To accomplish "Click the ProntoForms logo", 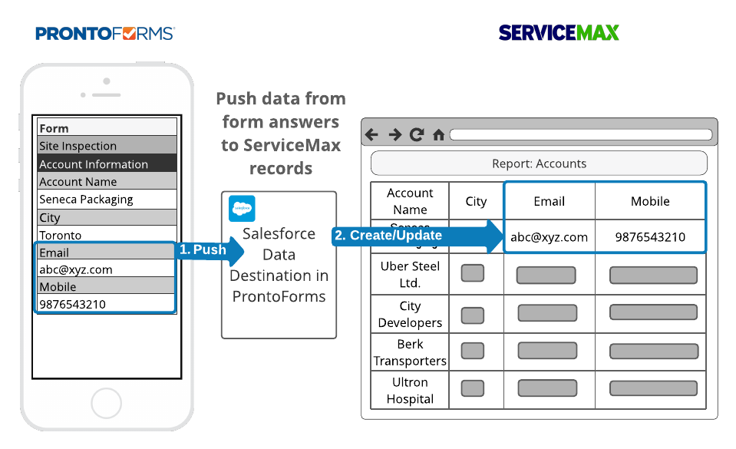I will coord(105,33).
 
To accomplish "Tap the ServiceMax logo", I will coord(559,32).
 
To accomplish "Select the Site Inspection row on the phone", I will coord(107,146).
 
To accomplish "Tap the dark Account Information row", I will coord(107,163).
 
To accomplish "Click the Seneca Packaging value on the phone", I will coord(107,200).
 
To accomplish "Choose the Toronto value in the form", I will coord(107,235).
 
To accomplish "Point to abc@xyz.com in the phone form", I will coord(107,269).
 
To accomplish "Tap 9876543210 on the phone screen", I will coord(107,304).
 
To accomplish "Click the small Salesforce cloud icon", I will coord(242,208).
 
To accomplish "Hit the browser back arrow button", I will coord(372,135).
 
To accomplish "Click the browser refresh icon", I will coord(417,135).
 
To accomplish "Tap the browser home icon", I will coord(438,135).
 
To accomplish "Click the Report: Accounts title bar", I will coord(539,163).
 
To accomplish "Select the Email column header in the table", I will coord(549,201).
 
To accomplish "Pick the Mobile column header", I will coord(650,201).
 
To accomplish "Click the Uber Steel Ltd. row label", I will coord(410,274).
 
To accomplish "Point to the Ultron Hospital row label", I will coord(410,390).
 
